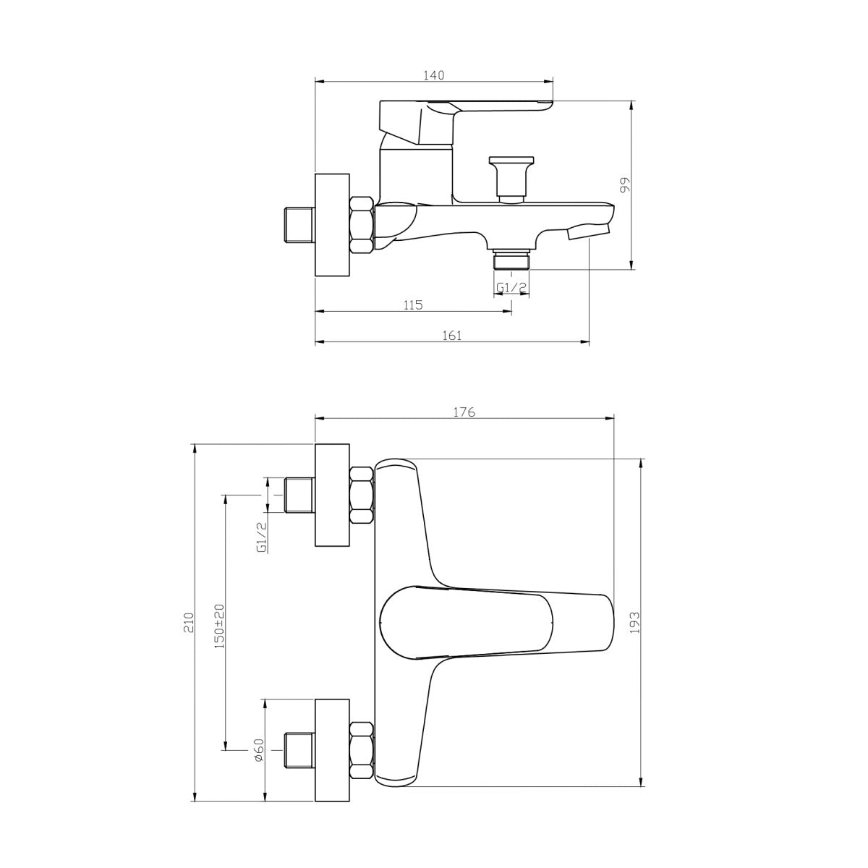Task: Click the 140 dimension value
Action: click(x=434, y=75)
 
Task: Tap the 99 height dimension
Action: click(x=625, y=184)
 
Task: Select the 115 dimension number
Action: click(x=413, y=305)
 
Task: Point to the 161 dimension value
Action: click(x=452, y=336)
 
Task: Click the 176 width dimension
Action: click(x=464, y=412)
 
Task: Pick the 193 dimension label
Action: click(x=634, y=623)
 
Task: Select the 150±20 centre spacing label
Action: click(x=219, y=626)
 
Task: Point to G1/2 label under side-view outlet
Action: click(x=511, y=287)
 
